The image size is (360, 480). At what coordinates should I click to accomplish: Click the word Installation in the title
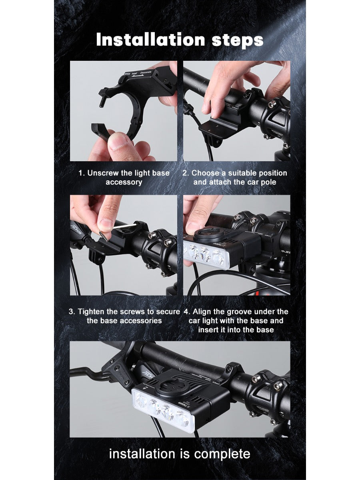(150, 40)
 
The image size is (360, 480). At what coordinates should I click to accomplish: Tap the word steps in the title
(237, 40)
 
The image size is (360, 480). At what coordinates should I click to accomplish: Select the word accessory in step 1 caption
(124, 182)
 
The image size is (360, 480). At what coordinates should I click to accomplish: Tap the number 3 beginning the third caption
(71, 312)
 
